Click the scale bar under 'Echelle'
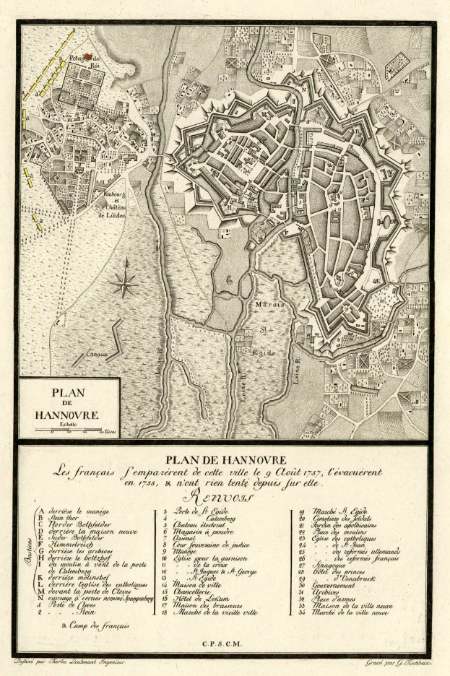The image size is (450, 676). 66,431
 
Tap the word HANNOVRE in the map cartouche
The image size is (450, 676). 66,415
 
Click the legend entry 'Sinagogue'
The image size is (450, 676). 331,565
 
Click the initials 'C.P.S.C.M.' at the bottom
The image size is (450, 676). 224,643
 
